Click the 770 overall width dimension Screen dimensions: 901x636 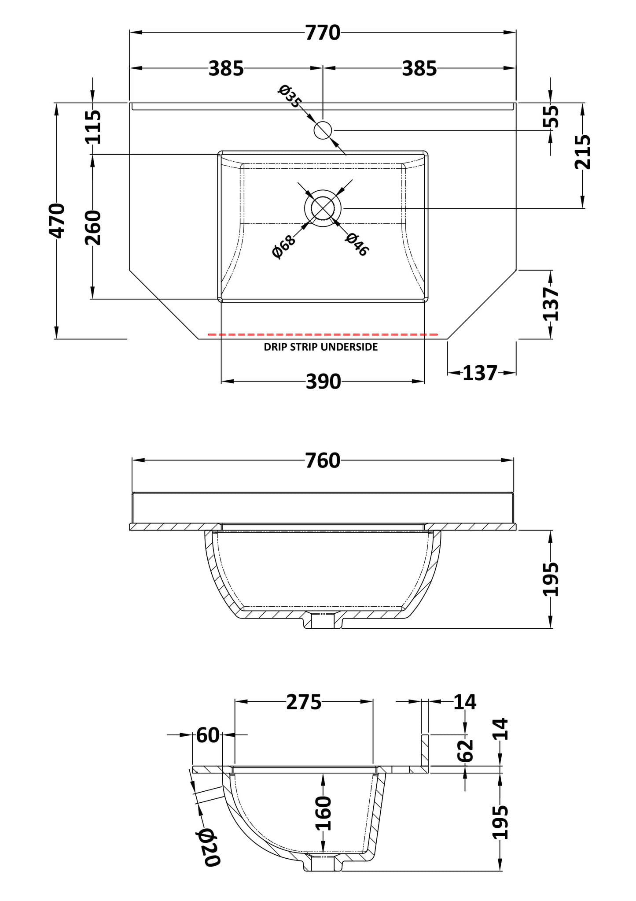pos(323,33)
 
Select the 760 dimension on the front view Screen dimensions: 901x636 pos(323,461)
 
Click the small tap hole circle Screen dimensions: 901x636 pos(323,130)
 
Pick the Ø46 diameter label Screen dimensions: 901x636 pos(357,245)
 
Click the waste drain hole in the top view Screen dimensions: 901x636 pos(323,208)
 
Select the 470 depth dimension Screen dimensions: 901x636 pos(57,220)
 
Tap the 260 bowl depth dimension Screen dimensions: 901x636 pos(93,228)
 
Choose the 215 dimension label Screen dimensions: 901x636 pos(583,152)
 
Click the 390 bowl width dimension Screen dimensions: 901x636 pos(324,382)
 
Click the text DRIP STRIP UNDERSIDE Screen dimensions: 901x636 pos(320,347)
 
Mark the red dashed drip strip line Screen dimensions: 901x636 pos(323,335)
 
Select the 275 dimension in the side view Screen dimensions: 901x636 pos(304,702)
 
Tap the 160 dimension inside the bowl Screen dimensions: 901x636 pos(324,813)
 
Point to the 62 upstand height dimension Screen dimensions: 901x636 pos(466,751)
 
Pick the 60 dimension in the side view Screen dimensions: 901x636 pos(207,735)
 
